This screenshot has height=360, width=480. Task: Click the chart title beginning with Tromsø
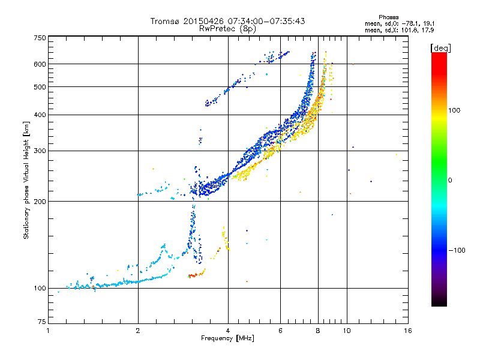click(227, 21)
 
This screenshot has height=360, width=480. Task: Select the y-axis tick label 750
click(40, 38)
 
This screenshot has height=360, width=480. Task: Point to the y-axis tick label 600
click(40, 64)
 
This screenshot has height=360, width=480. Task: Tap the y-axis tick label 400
click(40, 115)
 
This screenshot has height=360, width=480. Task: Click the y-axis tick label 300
click(40, 151)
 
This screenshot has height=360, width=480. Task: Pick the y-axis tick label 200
click(40, 201)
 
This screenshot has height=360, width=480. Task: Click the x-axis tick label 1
click(48, 331)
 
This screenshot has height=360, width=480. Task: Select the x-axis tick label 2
click(138, 331)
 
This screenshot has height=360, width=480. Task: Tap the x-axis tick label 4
click(228, 331)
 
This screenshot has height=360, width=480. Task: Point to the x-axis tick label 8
click(318, 331)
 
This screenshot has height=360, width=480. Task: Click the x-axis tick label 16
click(407, 331)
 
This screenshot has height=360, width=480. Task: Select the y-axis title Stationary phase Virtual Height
click(26, 180)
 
